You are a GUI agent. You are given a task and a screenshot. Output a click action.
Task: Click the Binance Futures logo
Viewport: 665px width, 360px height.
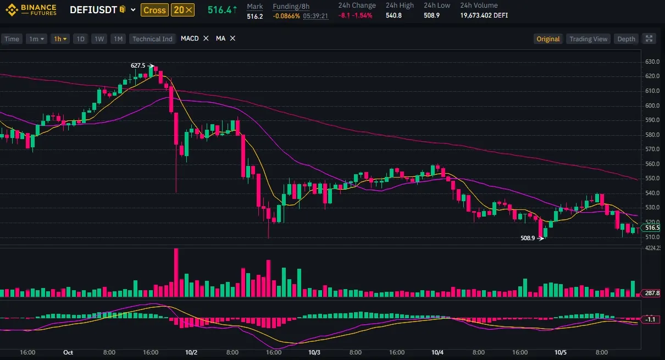point(31,10)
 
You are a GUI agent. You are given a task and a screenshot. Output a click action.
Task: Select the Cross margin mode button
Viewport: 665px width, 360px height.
point(154,10)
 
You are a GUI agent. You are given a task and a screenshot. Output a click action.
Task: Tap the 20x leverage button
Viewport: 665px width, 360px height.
point(182,10)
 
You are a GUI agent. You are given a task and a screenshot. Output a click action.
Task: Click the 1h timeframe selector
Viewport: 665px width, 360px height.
point(60,38)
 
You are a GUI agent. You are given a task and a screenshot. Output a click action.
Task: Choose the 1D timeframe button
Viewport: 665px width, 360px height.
point(81,38)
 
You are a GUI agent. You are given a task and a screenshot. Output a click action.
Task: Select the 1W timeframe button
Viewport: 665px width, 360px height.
point(99,38)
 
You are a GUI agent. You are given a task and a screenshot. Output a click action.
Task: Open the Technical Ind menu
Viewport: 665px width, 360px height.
point(152,38)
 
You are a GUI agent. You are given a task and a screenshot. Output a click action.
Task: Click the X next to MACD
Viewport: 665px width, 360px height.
point(206,38)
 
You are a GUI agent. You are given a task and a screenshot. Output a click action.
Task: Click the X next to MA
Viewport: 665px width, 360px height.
point(232,38)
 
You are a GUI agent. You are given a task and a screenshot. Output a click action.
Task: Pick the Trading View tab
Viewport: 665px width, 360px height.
point(588,38)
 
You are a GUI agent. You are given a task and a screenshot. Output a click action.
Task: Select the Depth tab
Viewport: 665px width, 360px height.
point(626,38)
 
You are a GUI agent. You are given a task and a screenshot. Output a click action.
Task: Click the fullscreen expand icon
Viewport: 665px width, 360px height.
point(649,38)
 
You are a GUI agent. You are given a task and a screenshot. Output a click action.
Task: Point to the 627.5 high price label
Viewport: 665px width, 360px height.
point(138,65)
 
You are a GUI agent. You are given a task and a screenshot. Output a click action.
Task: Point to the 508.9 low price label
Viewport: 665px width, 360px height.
point(528,238)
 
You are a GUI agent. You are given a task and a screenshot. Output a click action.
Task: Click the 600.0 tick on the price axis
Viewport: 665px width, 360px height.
point(652,106)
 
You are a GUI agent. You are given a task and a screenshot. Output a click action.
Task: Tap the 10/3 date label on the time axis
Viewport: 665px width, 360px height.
point(314,352)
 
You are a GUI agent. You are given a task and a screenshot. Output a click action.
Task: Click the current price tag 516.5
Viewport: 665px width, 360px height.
point(652,228)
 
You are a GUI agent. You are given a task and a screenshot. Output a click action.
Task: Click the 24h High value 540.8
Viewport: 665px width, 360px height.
point(394,15)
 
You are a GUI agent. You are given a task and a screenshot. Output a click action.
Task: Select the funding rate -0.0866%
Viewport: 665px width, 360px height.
point(286,15)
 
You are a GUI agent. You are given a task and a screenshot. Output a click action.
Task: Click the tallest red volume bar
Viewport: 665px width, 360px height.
point(176,273)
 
